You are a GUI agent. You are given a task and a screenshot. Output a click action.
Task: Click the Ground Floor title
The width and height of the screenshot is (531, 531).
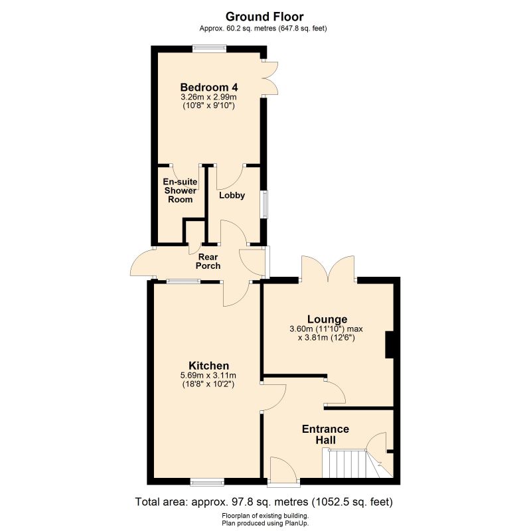coord(264,16)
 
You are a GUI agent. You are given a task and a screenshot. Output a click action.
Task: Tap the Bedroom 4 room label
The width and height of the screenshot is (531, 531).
coord(209,88)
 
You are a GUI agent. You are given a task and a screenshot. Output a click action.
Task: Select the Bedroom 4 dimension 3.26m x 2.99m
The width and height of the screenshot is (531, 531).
coord(208,97)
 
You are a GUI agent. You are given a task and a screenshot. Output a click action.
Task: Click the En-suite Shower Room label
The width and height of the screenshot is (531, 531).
coord(180,190)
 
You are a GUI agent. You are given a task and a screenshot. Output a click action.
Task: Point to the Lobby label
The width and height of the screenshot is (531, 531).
coord(232,195)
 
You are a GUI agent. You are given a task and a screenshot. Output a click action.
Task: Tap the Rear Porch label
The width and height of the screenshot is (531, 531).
coord(208,262)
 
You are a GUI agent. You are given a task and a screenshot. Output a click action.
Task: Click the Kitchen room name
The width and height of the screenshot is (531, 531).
coord(208,366)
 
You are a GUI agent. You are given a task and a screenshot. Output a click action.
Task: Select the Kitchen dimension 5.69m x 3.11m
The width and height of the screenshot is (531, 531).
coord(208,376)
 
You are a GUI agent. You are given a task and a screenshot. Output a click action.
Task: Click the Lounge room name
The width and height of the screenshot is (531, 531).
coord(327,319)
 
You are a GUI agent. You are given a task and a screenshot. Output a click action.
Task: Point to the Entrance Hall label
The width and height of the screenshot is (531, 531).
coord(325,435)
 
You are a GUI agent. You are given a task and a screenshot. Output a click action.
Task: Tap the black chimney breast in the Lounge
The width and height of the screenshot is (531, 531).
coord(389,344)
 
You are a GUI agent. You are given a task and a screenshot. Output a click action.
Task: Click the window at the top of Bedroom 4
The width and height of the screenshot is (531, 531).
coord(210,48)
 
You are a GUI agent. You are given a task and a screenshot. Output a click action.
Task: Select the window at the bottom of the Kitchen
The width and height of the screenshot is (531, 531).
coord(207,482)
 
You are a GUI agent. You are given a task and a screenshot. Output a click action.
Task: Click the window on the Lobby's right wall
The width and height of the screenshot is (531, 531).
coord(264,204)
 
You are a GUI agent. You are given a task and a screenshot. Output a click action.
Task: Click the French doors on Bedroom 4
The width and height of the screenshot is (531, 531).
coord(269,78)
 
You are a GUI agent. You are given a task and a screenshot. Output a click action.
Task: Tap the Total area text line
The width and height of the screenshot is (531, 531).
coord(264,502)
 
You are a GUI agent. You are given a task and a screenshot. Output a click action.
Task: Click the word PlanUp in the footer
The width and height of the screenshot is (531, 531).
coord(298,524)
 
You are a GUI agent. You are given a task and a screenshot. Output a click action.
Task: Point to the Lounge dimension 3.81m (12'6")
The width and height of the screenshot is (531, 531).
coord(327,338)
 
